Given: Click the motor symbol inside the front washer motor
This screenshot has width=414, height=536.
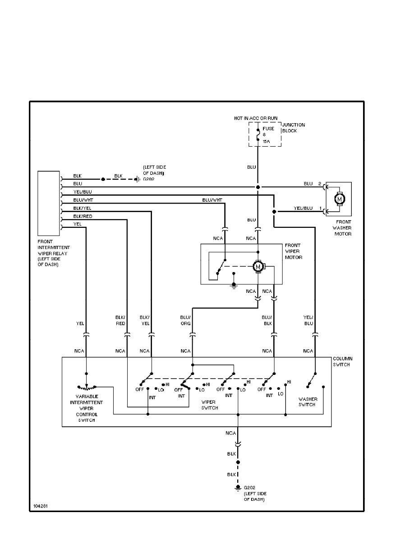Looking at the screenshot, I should [x=340, y=199].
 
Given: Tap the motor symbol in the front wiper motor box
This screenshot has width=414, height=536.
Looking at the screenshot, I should [x=258, y=267].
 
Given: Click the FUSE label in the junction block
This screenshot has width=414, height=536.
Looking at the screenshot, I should [x=268, y=129].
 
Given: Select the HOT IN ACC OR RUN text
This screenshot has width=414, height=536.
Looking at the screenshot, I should [x=255, y=118].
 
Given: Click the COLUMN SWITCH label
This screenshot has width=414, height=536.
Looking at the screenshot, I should [x=342, y=361].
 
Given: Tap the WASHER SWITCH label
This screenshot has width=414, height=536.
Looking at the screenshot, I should [x=308, y=402].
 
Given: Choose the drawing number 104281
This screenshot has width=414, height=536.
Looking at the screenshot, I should [x=40, y=506].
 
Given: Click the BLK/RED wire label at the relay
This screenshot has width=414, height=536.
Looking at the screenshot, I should [x=83, y=216].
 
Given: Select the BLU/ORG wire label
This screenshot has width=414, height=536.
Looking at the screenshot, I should [x=185, y=320].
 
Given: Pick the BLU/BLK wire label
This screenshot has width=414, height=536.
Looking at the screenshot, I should [x=267, y=320].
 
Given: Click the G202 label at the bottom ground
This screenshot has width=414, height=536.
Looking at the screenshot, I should [x=249, y=488].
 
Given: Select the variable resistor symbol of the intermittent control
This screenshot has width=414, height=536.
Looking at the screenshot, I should [x=87, y=387].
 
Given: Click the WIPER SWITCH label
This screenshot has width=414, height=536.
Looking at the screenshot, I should [x=210, y=405].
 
